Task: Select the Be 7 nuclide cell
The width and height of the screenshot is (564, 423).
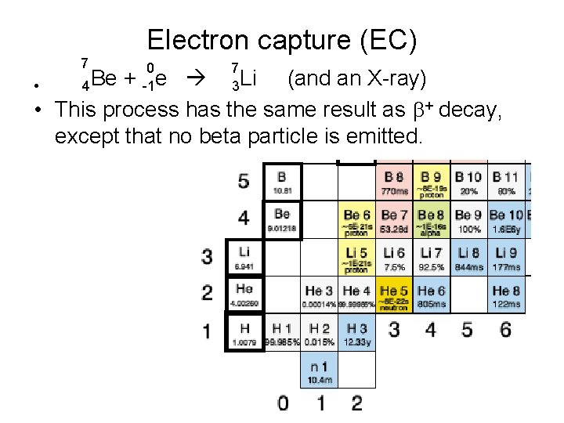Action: pos(395,221)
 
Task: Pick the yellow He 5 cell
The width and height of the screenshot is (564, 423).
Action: pos(395,296)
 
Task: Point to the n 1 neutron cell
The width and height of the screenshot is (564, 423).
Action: pos(319,371)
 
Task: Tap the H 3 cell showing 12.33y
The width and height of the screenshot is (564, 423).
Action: pos(356,333)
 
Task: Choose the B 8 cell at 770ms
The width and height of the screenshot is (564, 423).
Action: pos(395,183)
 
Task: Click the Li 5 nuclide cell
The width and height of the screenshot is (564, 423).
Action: pos(357,258)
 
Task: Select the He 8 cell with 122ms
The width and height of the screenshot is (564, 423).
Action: pos(507,296)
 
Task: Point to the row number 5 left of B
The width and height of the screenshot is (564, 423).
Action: pos(244,181)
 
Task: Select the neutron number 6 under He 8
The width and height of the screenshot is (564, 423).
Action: pos(505,329)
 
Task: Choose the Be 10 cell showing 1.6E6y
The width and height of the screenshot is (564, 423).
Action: pos(507,221)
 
